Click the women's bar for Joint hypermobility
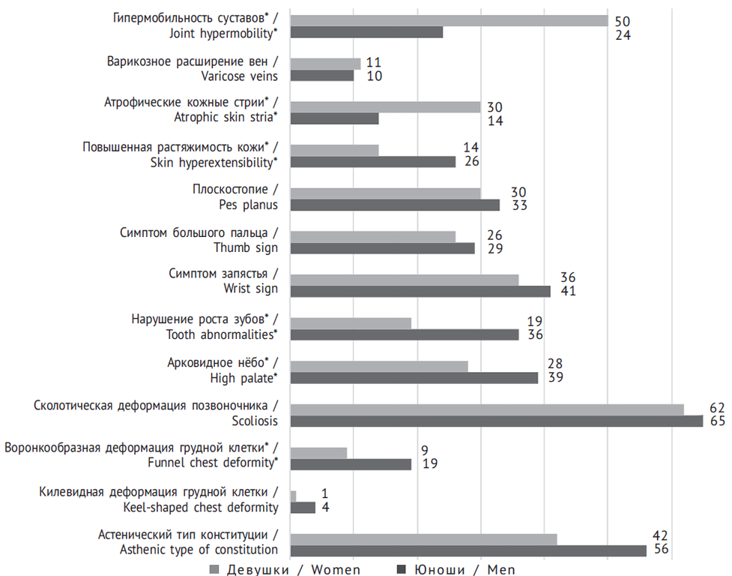pos(449,20)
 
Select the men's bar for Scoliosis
pos(496,421)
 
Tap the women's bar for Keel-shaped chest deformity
pos(293,496)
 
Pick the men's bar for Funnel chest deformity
pos(351,464)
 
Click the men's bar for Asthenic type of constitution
pos(468,550)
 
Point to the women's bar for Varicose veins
pos(325,64)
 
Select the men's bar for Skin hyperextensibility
pos(372,161)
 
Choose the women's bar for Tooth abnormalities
pos(351,322)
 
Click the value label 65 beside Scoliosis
pos(718,421)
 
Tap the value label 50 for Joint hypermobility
pos(623,20)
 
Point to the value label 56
pos(661,550)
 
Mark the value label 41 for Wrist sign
pos(567,291)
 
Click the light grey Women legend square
pos(214,569)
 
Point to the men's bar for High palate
pos(414,378)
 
